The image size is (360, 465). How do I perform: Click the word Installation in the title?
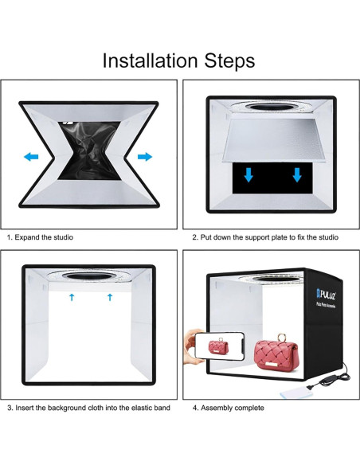coord(150,61)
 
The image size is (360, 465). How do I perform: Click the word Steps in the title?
coord(229,61)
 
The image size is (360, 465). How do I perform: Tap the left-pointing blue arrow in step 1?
coord(31,157)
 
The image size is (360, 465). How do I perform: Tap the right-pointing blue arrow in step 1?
coord(145,157)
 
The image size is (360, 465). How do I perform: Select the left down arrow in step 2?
coord(248,175)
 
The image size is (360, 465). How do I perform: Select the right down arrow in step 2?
coord(297,175)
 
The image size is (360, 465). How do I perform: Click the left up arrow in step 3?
coord(72,297)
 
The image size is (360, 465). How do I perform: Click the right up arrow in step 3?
coord(110,297)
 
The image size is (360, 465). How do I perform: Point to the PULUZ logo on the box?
coord(327,295)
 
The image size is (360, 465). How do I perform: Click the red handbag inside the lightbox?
coord(276,354)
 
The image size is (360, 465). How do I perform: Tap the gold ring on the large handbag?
coord(280,338)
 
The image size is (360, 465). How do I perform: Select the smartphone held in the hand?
coord(220,346)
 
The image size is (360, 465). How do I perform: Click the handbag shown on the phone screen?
coord(218,346)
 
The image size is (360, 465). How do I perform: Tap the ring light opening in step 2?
coord(272,107)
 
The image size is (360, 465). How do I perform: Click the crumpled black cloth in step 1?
coord(89,150)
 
